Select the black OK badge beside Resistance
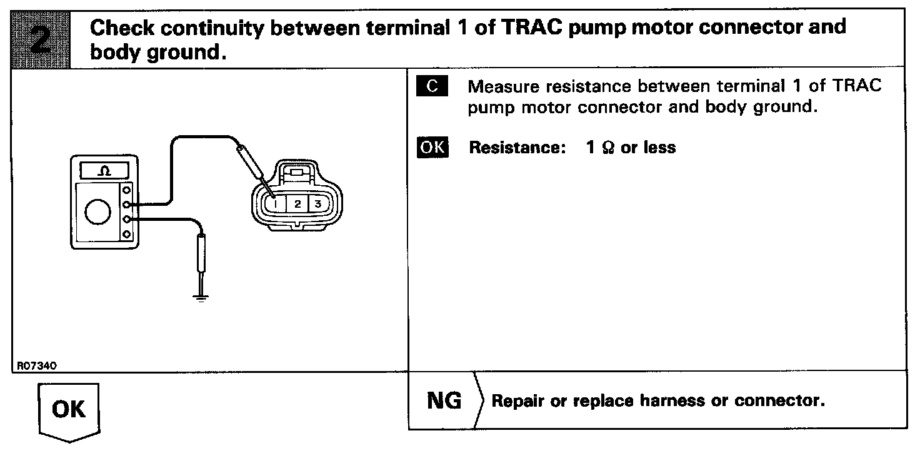(432, 148)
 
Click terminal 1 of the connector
(276, 204)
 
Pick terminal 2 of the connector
(297, 204)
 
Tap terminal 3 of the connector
(317, 204)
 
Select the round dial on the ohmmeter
(97, 213)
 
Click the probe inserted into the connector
(253, 165)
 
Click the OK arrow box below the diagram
(69, 411)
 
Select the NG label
(444, 400)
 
